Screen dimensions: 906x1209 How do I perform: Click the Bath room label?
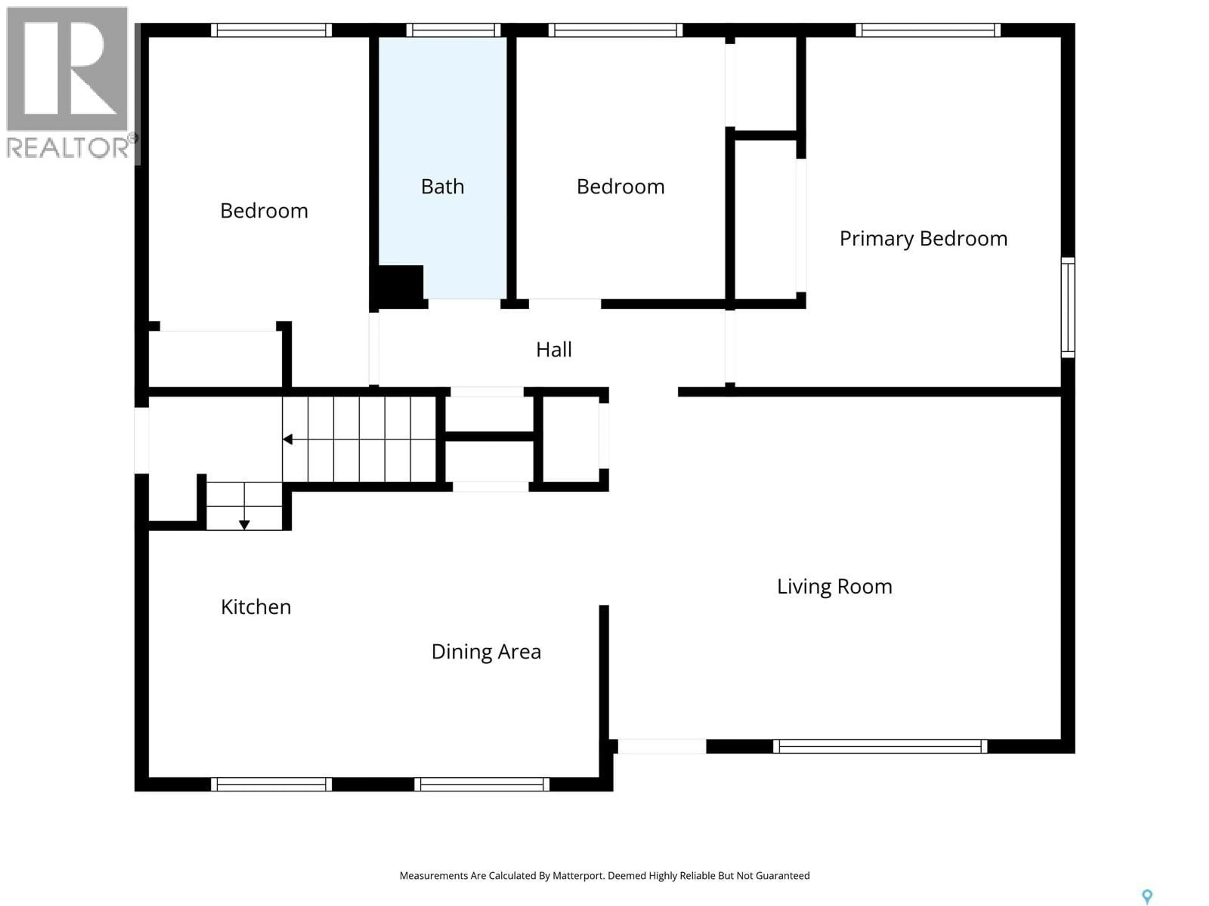(442, 187)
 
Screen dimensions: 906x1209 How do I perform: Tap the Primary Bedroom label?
(923, 239)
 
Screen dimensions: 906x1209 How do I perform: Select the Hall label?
(554, 350)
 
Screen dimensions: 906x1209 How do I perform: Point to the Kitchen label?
(256, 607)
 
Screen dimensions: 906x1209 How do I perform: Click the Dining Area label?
(486, 652)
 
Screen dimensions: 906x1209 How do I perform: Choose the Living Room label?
(834, 586)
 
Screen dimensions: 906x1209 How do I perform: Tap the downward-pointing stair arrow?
(244, 524)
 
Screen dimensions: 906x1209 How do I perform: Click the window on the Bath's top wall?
(453, 30)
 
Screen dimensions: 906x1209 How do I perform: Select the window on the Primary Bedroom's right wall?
(1067, 307)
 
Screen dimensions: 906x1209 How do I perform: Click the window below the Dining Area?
(481, 784)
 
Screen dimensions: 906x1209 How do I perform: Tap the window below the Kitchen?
(271, 784)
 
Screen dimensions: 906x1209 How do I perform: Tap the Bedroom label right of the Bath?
(620, 187)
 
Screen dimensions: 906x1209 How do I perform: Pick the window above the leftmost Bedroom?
(271, 30)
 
